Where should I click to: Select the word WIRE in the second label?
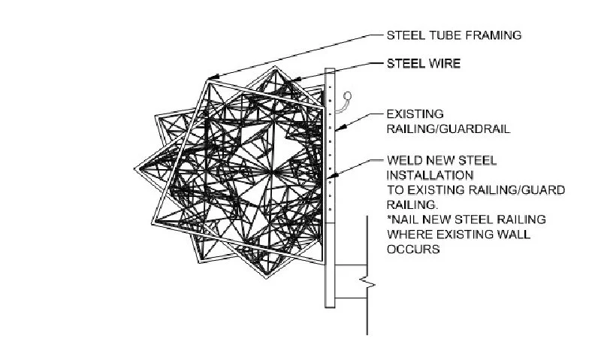(443, 64)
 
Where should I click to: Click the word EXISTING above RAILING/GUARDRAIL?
(414, 115)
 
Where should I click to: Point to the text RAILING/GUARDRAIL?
(449, 129)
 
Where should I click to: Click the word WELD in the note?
(403, 161)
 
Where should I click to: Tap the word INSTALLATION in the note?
(426, 175)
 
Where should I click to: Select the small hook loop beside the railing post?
(347, 95)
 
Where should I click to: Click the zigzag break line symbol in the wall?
(366, 284)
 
